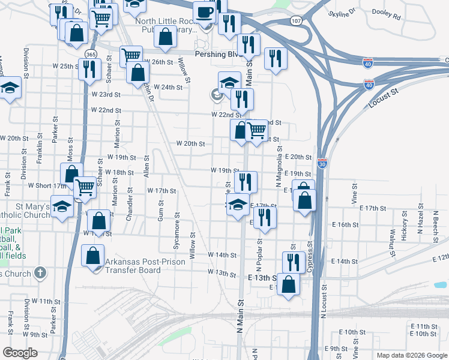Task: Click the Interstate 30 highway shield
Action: click(322, 163)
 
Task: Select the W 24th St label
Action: click(167, 87)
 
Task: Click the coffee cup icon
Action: click(205, 12)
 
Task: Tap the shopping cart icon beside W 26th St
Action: click(131, 56)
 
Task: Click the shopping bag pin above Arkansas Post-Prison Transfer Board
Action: click(94, 256)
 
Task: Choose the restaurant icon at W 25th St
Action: click(89, 69)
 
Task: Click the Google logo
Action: click(20, 353)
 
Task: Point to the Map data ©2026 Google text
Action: click(411, 355)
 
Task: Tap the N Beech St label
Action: click(435, 226)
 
